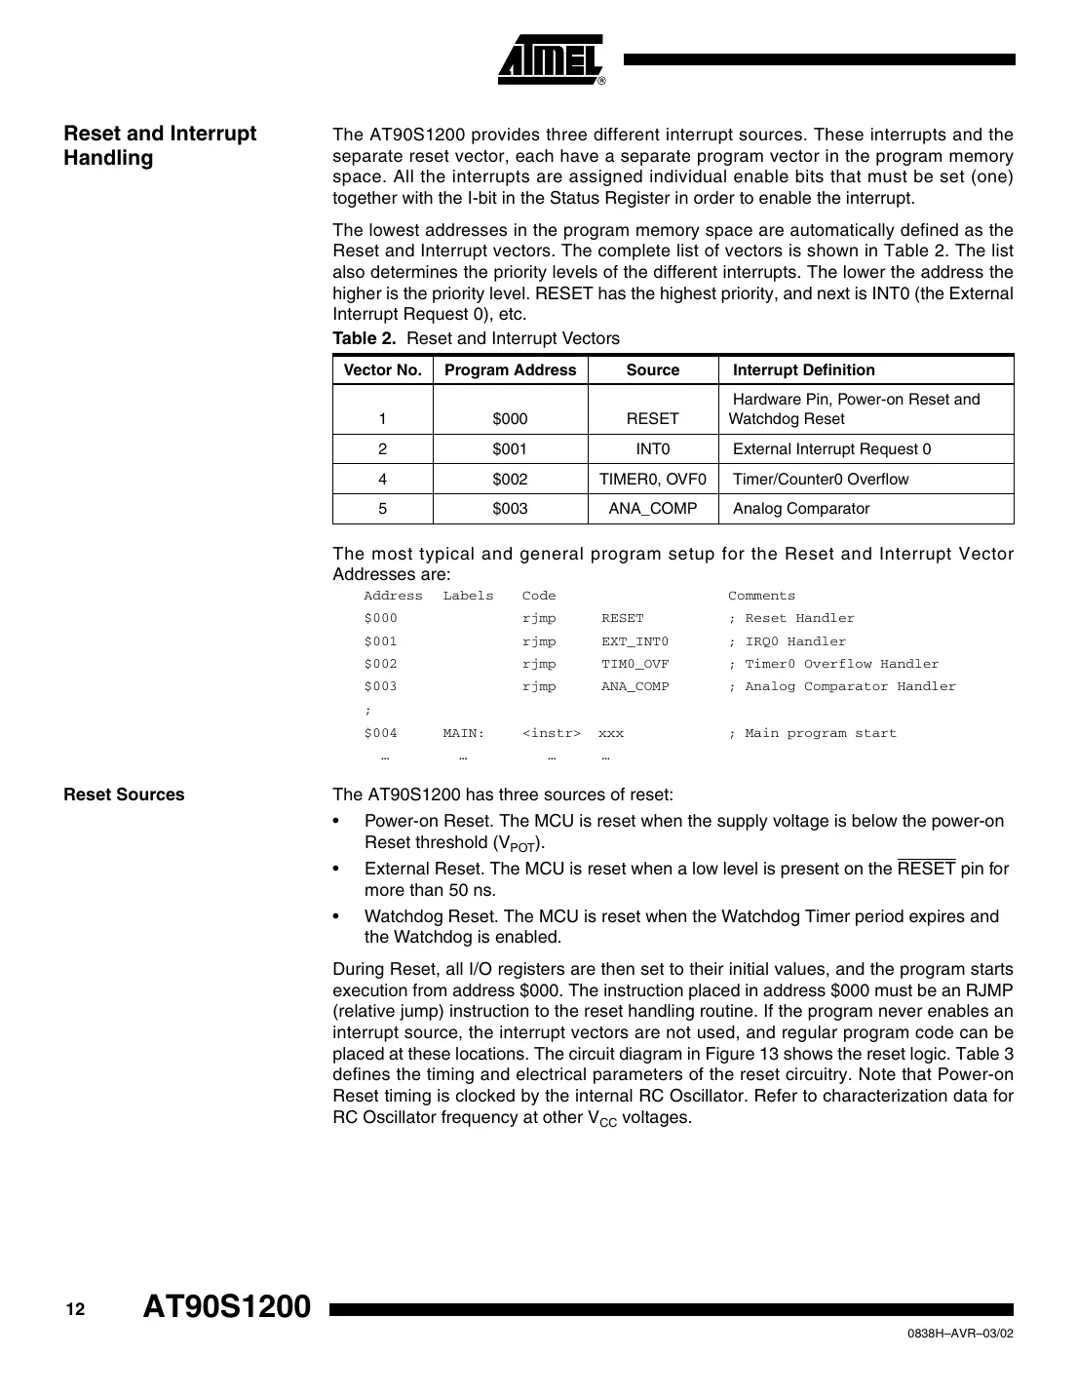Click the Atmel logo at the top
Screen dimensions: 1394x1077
pos(552,60)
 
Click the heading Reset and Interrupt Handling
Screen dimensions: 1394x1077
pos(160,146)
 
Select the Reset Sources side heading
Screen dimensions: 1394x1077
pos(124,794)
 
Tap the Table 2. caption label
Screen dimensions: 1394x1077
pos(365,338)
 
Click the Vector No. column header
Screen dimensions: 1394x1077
pos(383,369)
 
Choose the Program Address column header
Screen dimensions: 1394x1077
pos(510,369)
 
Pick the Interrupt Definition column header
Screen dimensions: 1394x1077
pos(803,369)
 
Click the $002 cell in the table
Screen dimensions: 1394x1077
pos(510,479)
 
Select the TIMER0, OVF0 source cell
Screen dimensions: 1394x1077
pos(652,479)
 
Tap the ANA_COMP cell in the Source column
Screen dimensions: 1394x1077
pos(652,508)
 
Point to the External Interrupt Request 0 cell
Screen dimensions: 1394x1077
pos(831,448)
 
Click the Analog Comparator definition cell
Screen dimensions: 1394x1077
pos(800,508)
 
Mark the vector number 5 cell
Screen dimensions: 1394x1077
pos(382,508)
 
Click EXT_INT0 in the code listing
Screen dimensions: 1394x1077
pos(635,641)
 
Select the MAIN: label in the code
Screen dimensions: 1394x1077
pos(463,733)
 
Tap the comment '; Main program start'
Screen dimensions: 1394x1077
pos(812,733)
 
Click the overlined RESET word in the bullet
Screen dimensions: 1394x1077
pos(926,869)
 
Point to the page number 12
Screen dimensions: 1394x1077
pos(75,1309)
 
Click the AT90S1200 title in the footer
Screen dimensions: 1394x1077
pos(227,1306)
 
